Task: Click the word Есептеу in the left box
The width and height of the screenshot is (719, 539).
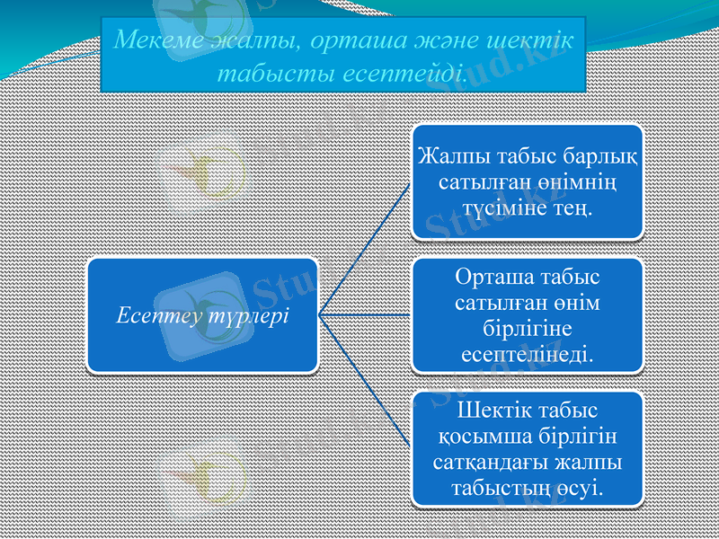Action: pyautogui.click(x=154, y=316)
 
